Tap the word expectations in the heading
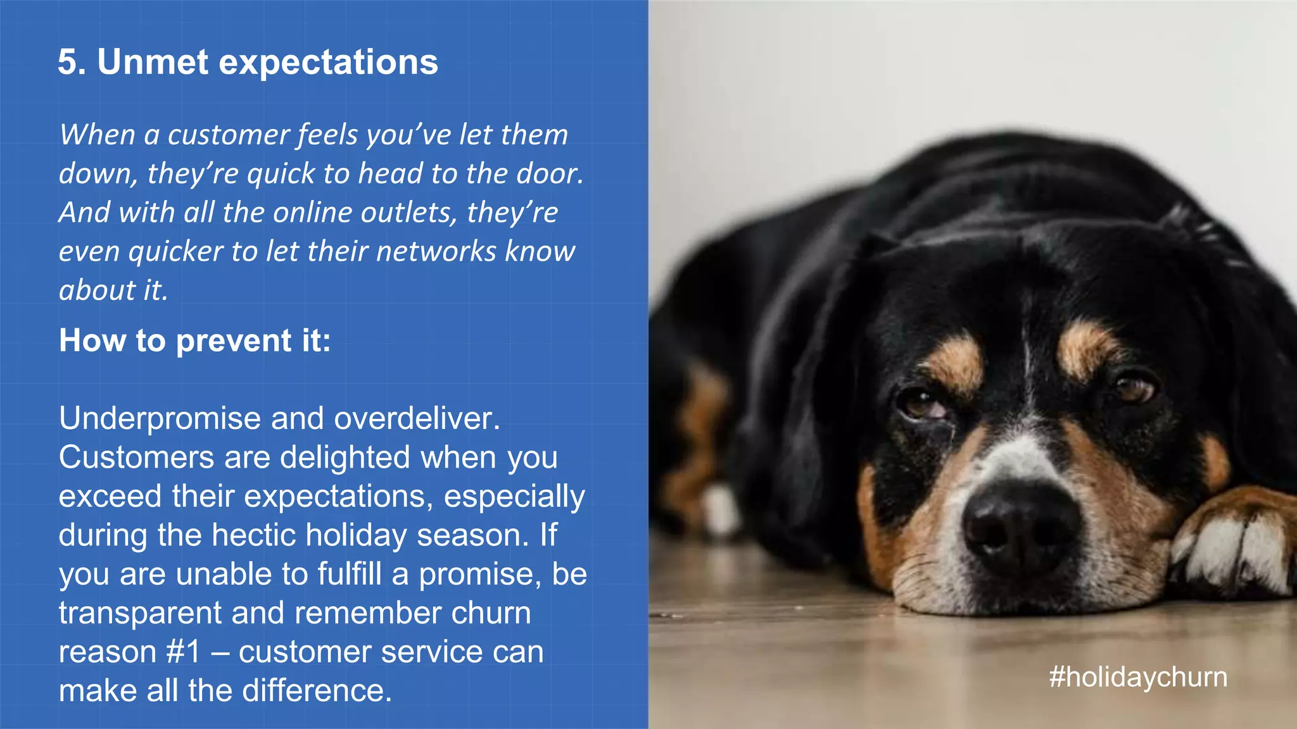click(x=328, y=62)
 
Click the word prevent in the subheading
click(x=233, y=341)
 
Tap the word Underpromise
click(x=160, y=419)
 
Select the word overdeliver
click(x=417, y=419)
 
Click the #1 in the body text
click(x=183, y=652)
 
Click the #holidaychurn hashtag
click(x=1138, y=677)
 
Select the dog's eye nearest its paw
click(x=1136, y=386)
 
